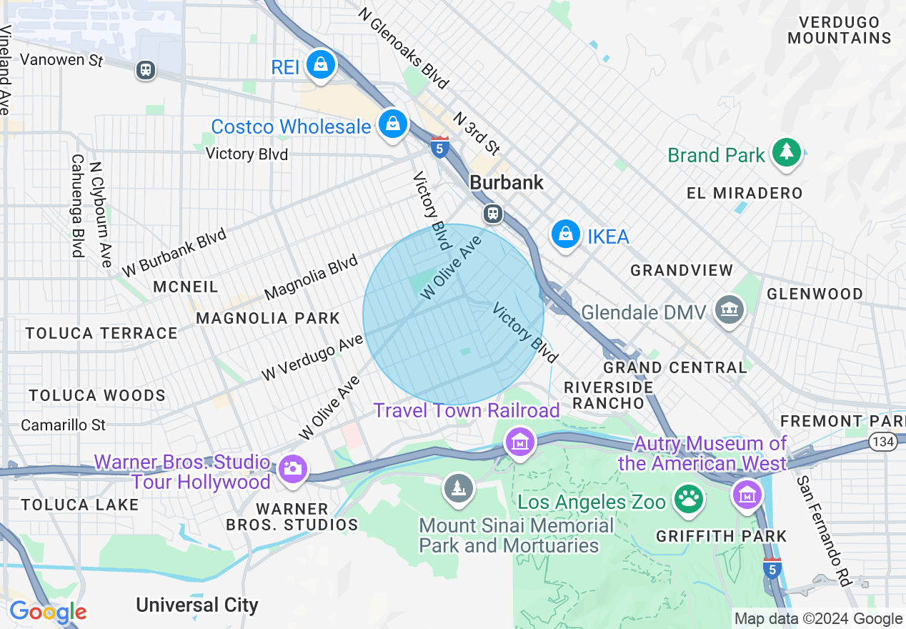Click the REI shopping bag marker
pos(322,65)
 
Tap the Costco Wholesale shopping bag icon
pos(392,124)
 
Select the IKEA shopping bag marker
pos(566,234)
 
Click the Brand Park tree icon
pos(786,152)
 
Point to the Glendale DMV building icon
pos(729,310)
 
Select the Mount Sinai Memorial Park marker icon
pos(458,489)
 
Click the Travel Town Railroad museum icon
pos(520,442)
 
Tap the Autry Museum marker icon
pos(747,494)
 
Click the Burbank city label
pos(507,183)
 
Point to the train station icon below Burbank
pos(492,213)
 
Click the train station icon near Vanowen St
pos(146,69)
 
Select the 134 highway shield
pos(883,442)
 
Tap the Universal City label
pos(197,605)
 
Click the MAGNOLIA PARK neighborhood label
pos(268,318)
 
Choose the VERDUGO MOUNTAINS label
pos(840,30)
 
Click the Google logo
pos(48,613)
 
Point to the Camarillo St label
pos(63,425)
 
